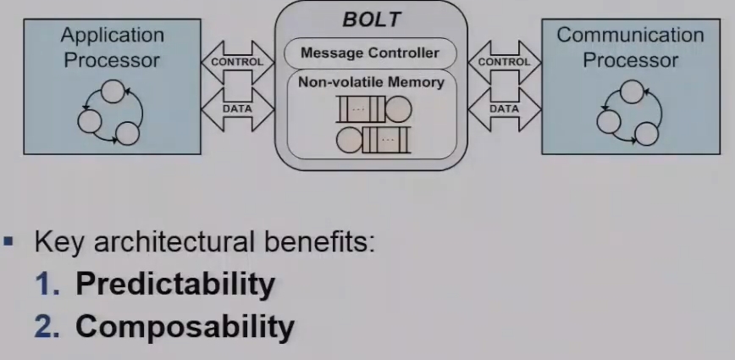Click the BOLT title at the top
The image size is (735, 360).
tap(371, 18)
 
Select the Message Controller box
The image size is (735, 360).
tap(371, 54)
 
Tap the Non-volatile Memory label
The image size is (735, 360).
tap(371, 82)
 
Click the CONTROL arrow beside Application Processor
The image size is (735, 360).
tap(237, 61)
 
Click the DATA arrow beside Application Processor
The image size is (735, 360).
tap(237, 108)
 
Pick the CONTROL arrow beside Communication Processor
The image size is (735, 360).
tap(505, 61)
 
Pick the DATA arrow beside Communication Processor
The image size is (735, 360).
tap(505, 108)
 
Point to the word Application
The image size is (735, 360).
tap(112, 36)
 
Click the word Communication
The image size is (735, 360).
tap(630, 36)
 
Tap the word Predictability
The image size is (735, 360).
tap(175, 284)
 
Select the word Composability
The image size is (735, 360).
tap(185, 325)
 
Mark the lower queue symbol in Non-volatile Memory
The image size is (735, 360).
tap(373, 138)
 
